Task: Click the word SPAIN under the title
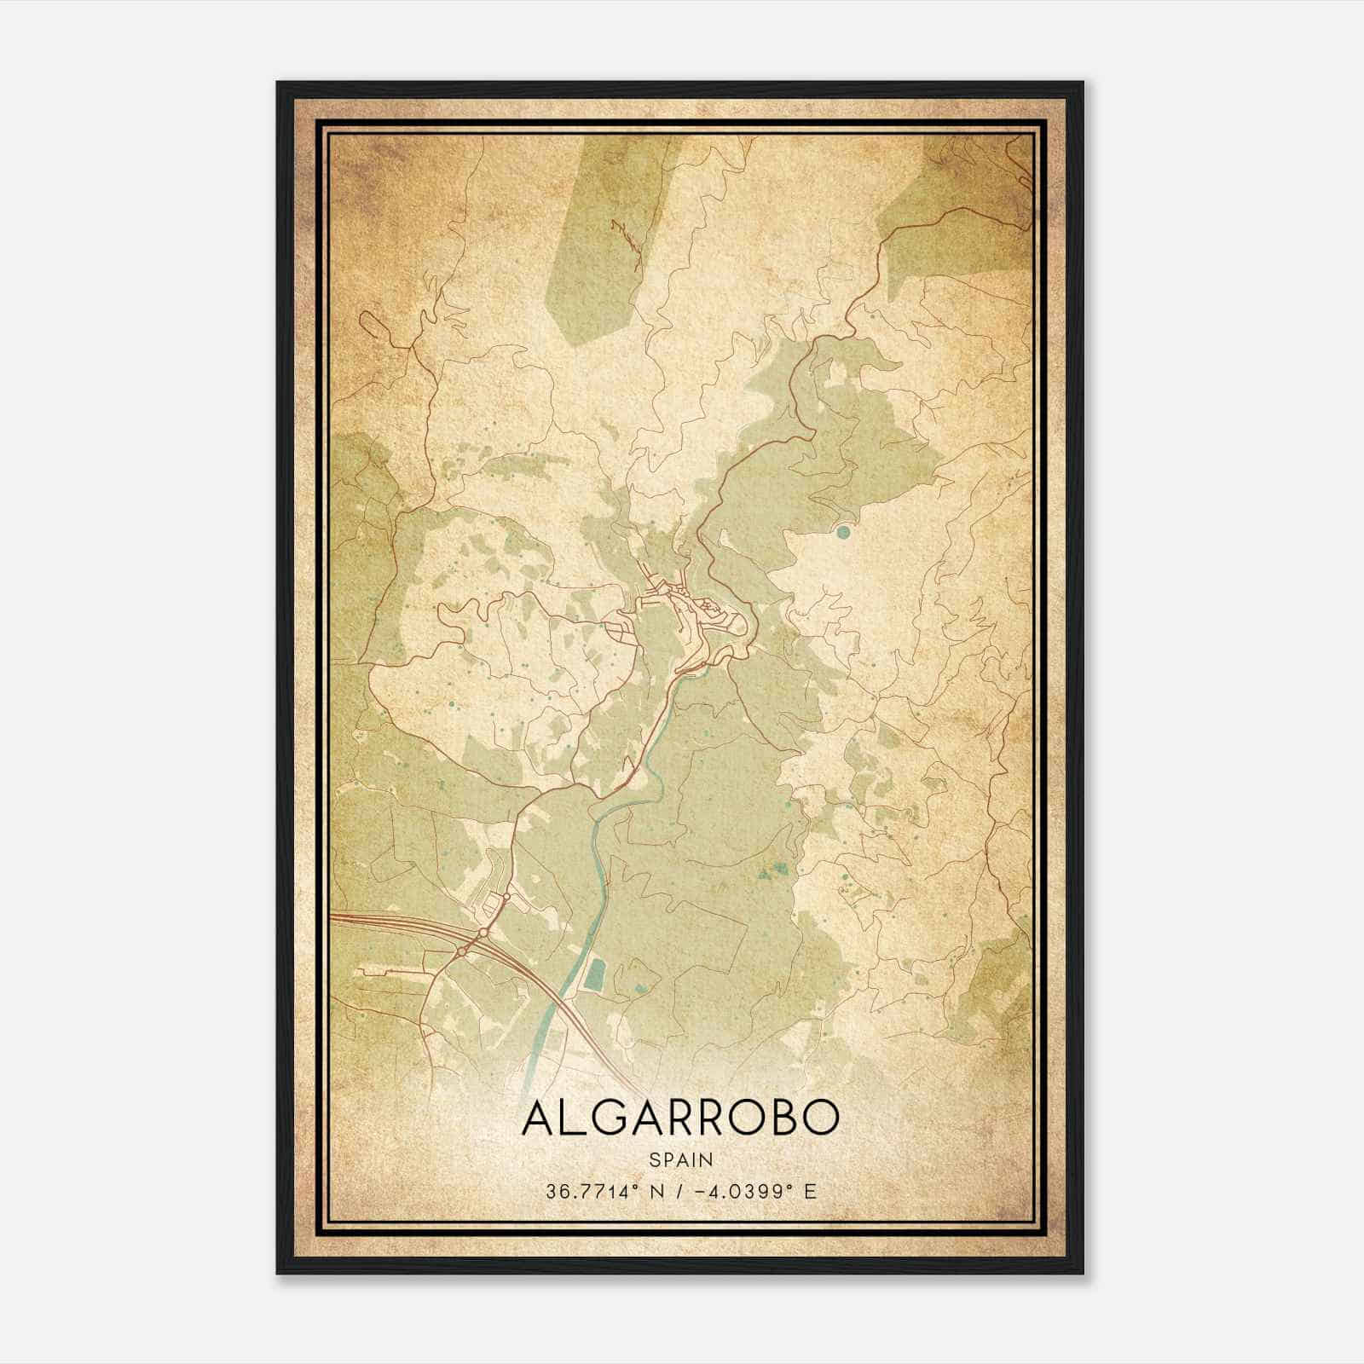(x=681, y=1159)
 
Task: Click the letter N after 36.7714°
(x=654, y=1191)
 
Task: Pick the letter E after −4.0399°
(x=809, y=1191)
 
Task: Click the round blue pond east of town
(x=843, y=532)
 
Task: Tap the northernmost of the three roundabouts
(x=505, y=897)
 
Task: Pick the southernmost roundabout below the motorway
(x=461, y=951)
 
